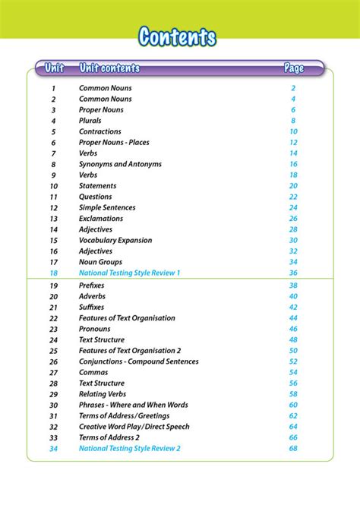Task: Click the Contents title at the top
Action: click(x=178, y=36)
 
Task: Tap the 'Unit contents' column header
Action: click(x=109, y=68)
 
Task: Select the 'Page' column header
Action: click(x=294, y=68)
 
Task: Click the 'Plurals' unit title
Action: click(x=90, y=121)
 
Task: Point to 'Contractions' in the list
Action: click(x=100, y=131)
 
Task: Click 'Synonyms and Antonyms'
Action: click(x=120, y=164)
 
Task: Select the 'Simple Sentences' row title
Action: click(x=107, y=207)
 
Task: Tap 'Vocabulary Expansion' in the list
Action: click(x=115, y=240)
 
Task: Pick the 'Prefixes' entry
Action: click(x=91, y=286)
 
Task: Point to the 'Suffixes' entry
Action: click(x=91, y=307)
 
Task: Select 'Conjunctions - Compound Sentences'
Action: click(x=139, y=361)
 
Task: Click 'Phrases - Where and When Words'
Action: click(x=134, y=405)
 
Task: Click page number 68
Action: click(x=293, y=449)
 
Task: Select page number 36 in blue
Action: click(x=293, y=273)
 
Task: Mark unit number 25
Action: click(x=54, y=351)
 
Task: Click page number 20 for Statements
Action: click(x=293, y=186)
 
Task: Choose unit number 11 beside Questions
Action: click(x=54, y=197)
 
